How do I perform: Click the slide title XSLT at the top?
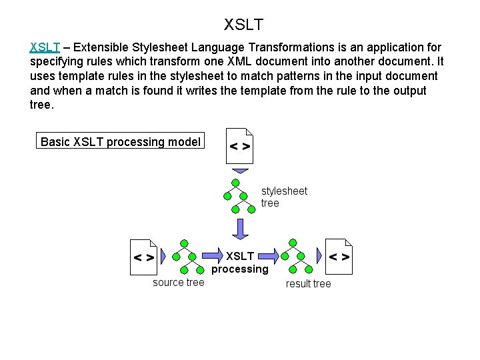[x=243, y=25]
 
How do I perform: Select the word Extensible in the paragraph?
[x=103, y=47]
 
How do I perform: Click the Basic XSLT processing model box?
[x=121, y=141]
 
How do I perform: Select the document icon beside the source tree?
[x=143, y=257]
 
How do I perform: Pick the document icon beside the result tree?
[x=339, y=257]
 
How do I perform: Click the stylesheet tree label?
[x=283, y=197]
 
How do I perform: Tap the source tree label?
[x=179, y=283]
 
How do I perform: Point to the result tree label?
[x=308, y=284]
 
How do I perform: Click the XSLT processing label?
[x=240, y=263]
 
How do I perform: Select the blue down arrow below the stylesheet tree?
[x=239, y=228]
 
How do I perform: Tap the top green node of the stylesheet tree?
[x=235, y=183]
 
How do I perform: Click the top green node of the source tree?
[x=183, y=243]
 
